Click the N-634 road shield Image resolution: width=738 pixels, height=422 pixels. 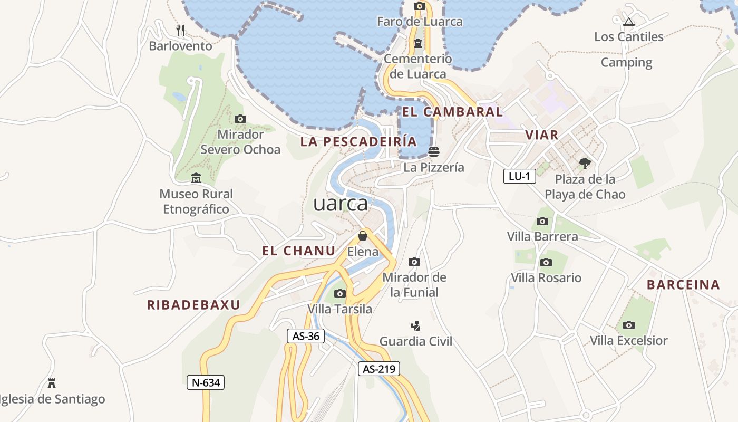pyautogui.click(x=206, y=382)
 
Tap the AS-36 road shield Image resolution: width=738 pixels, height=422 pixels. pyautogui.click(x=306, y=336)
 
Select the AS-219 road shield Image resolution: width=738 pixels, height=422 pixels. pyautogui.click(x=379, y=369)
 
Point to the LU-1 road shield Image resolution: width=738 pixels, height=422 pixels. pyautogui.click(x=520, y=176)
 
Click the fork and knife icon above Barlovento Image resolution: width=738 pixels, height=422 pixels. pyautogui.click(x=180, y=30)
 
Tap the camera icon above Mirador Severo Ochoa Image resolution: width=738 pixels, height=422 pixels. pyautogui.click(x=240, y=119)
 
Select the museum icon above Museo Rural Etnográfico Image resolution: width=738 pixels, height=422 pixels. pyautogui.click(x=196, y=178)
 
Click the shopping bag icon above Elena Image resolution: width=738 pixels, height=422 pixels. pyautogui.click(x=363, y=236)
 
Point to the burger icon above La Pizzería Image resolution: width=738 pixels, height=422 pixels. pyautogui.click(x=434, y=152)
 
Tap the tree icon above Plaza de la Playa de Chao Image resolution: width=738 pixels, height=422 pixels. pyautogui.click(x=585, y=163)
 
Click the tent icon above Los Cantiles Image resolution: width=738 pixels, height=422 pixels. pyautogui.click(x=628, y=22)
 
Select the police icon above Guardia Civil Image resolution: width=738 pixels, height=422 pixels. pyautogui.click(x=416, y=325)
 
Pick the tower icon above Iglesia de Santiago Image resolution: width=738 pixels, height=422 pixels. pyautogui.click(x=52, y=383)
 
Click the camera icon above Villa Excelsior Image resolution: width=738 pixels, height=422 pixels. pyautogui.click(x=628, y=325)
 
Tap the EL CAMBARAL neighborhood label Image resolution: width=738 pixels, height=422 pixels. pyautogui.click(x=452, y=112)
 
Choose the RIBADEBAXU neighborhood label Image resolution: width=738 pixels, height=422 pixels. pyautogui.click(x=193, y=305)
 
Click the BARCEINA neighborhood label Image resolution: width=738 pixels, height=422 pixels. pyautogui.click(x=683, y=285)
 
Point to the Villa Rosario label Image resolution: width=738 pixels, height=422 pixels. pyautogui.click(x=546, y=278)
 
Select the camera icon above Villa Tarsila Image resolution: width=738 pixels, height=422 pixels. pyautogui.click(x=340, y=293)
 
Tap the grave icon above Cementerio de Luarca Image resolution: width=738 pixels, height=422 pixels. pyautogui.click(x=418, y=43)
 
